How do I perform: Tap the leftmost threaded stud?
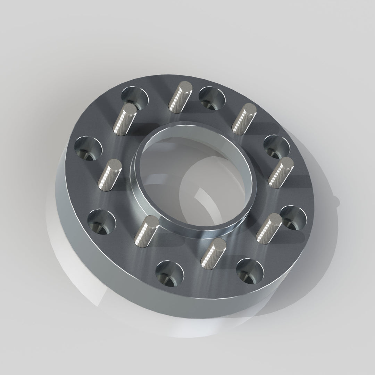click(x=110, y=174)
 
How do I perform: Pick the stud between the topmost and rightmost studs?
click(x=244, y=119)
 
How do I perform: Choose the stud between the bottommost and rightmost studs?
click(x=269, y=228)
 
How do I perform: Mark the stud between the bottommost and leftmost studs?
click(x=146, y=231)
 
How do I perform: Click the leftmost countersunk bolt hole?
click(x=89, y=148)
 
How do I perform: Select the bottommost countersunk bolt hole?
click(x=169, y=273)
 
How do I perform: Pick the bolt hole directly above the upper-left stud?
click(x=135, y=97)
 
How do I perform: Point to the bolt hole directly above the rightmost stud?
click(x=277, y=147)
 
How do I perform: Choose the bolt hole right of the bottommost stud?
click(x=250, y=270)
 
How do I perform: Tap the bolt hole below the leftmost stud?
click(x=101, y=221)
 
